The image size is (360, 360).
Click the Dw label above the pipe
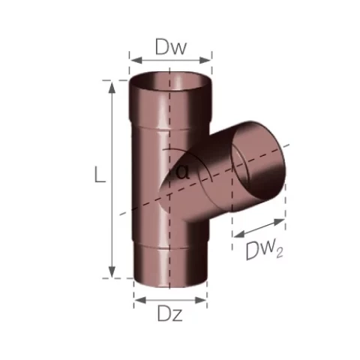(x=171, y=46)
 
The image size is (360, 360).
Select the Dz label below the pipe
(x=169, y=316)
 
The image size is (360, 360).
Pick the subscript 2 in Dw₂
(x=280, y=254)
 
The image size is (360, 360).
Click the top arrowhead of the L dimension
(x=112, y=85)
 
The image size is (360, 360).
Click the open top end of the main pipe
(x=171, y=80)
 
